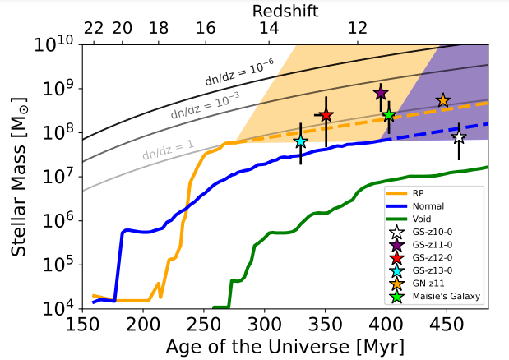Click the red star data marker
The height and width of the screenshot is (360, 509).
tap(326, 115)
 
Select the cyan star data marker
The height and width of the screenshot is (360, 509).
tap(301, 141)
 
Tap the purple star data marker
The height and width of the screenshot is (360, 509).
tap(381, 92)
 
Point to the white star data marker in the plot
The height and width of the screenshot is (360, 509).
tap(459, 137)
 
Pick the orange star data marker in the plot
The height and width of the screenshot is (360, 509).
tap(443, 100)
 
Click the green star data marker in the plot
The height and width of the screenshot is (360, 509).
tap(389, 115)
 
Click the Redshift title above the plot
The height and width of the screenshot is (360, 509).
tap(285, 9)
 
